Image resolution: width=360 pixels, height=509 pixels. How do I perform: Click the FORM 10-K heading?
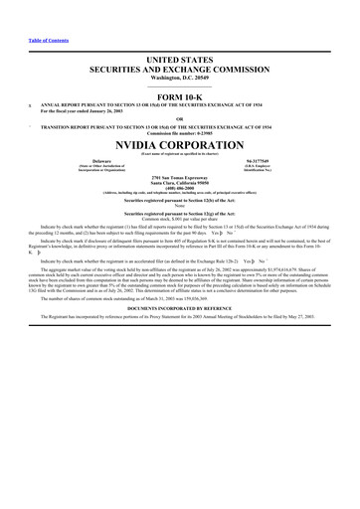(179, 92)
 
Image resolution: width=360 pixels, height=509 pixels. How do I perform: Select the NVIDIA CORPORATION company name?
(179, 142)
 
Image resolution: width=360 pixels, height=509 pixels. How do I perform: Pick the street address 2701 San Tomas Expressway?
(179, 175)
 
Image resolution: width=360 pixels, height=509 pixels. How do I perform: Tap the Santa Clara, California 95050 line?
(179, 180)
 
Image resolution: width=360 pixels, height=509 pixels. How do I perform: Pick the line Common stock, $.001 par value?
(179, 221)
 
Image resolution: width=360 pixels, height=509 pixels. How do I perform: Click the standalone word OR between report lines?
(179, 118)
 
